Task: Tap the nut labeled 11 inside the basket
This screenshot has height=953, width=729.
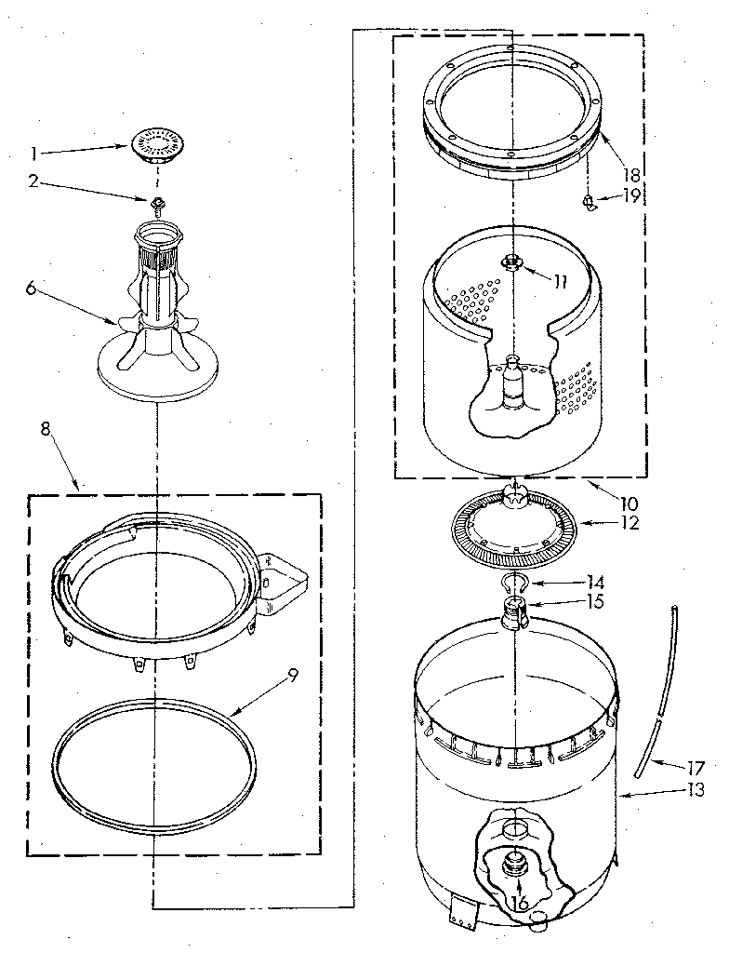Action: pos(511,263)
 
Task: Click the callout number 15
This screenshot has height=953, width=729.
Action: pos(596,601)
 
